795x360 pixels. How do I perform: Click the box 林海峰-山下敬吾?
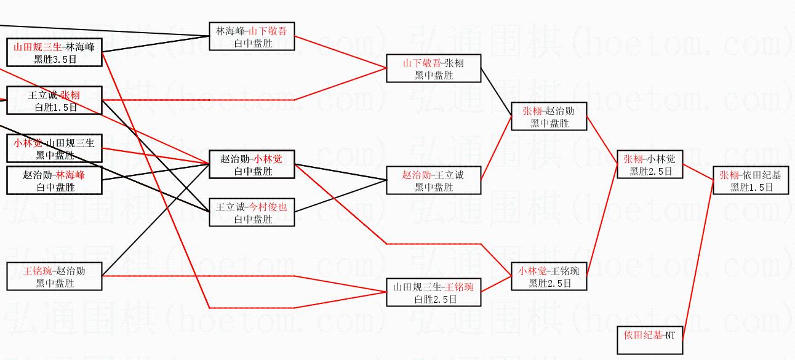(252, 36)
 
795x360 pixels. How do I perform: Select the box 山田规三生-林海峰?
(54, 52)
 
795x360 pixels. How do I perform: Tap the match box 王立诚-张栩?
(54, 100)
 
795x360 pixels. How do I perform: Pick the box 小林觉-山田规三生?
(54, 148)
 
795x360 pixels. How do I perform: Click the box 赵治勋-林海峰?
(54, 180)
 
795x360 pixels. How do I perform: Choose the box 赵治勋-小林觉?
(252, 164)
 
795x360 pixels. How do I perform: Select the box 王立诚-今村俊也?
(252, 212)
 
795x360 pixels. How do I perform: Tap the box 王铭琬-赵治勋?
(54, 276)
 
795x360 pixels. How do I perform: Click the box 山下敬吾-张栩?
(433, 68)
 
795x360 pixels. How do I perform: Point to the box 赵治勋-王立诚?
(433, 180)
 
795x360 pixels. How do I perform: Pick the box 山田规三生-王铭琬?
(433, 292)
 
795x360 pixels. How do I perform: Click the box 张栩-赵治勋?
(549, 116)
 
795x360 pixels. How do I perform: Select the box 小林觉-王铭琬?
(549, 276)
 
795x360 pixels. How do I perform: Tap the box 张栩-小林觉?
(650, 164)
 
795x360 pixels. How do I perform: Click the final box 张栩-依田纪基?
(751, 180)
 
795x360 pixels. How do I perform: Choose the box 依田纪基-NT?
(650, 340)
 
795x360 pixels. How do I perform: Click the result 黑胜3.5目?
(54, 59)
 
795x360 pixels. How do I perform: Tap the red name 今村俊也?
(268, 207)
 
